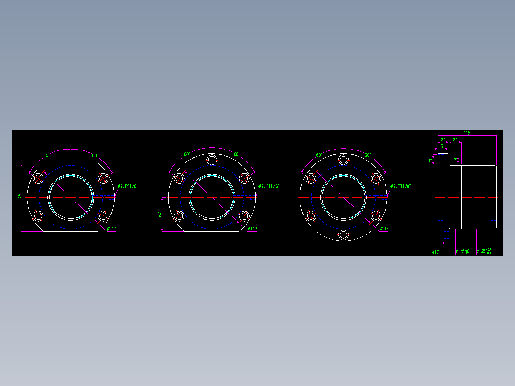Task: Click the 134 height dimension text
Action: tap(19, 197)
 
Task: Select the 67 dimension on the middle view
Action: tap(160, 214)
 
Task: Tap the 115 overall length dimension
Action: tap(467, 133)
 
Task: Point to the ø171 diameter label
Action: tap(437, 252)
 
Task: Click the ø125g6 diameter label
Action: tap(462, 251)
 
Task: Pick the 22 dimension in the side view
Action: tap(443, 140)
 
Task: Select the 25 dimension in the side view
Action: tap(455, 140)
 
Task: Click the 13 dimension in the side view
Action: tap(440, 146)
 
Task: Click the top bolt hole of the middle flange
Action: tap(212, 159)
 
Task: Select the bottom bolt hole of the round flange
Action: tap(343, 235)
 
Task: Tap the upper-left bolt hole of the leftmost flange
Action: tap(38, 179)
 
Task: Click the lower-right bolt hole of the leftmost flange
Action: tap(103, 216)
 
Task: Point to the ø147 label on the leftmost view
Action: tap(110, 229)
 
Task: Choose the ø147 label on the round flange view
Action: tap(384, 229)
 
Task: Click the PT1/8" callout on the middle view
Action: tap(268, 186)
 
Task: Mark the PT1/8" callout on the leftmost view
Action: tap(128, 186)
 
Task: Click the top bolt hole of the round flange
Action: tap(343, 159)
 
